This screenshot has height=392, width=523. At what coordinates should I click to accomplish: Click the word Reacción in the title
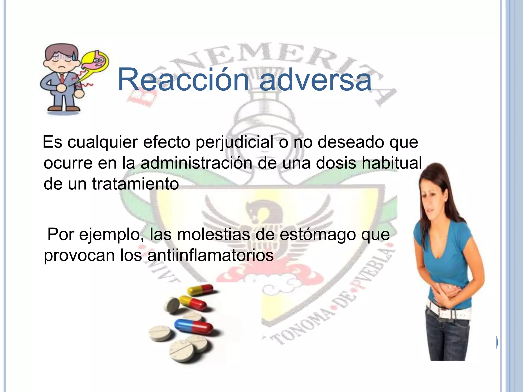point(183,80)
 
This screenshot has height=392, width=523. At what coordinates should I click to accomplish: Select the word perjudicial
point(234,142)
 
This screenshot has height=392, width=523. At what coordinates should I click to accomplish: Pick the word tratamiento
point(135,183)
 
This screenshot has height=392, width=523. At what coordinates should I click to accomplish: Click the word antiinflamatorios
point(210,255)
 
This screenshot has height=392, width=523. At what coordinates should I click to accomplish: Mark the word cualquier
point(103,142)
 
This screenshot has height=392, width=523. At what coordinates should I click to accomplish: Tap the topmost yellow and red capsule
point(200,290)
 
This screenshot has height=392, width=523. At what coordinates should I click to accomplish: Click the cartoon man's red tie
point(62,78)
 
